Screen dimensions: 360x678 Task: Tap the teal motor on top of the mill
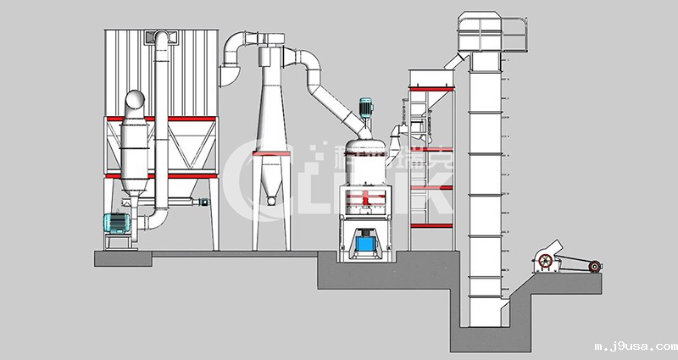[367, 108]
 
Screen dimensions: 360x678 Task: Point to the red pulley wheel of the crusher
[595, 268]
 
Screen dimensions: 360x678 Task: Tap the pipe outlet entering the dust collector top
[161, 37]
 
